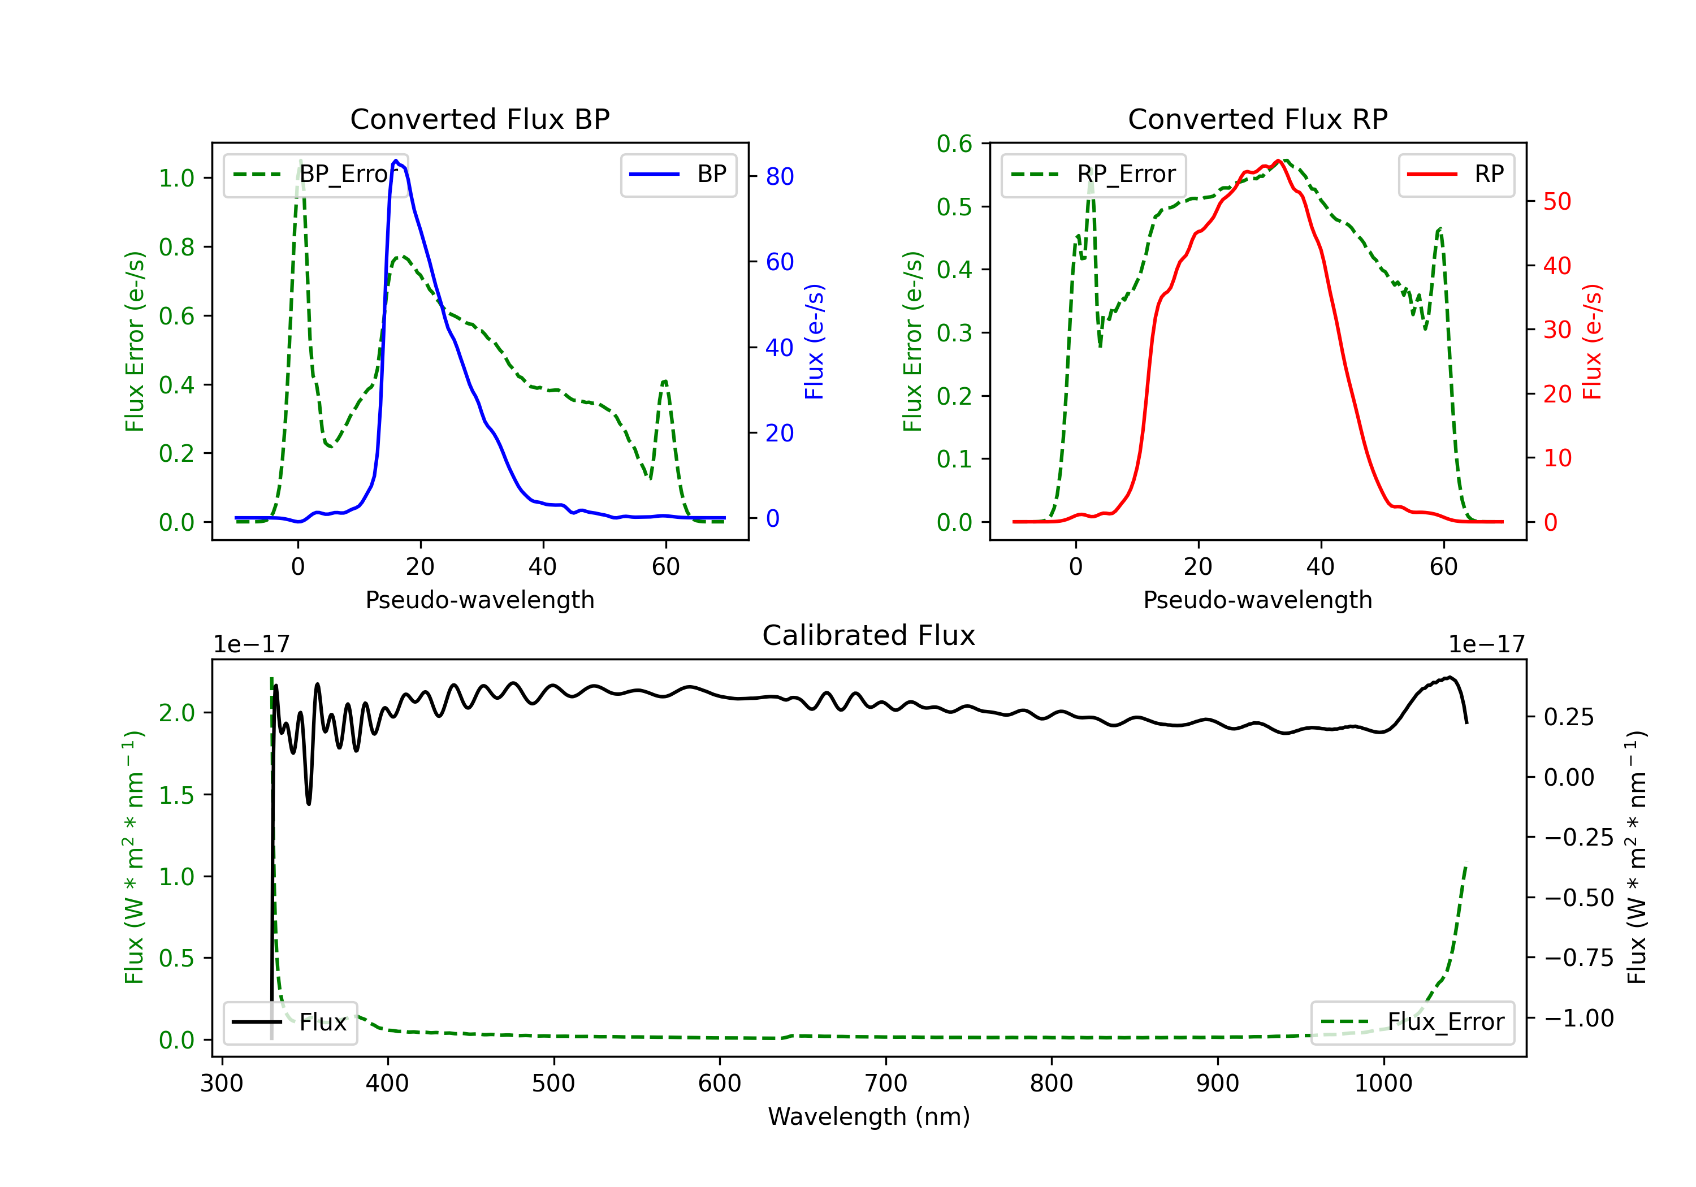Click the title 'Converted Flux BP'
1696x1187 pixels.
479,119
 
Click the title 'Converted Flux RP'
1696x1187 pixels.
1257,119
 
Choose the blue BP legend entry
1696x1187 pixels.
678,174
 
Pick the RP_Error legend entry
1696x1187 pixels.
1093,174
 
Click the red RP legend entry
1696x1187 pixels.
1455,174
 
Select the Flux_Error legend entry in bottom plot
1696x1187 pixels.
1412,1023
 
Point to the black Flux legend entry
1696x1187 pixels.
289,1023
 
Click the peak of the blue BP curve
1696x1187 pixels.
396,161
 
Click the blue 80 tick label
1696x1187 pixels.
779,176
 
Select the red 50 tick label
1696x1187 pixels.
1557,202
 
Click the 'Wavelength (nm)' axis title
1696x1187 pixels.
869,1117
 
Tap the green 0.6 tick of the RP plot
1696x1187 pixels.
954,144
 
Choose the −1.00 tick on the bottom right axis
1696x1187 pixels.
1578,1019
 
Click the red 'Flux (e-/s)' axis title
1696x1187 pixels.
1592,342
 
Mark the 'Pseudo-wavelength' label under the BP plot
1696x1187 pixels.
480,600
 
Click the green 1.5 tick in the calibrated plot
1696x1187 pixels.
176,795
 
